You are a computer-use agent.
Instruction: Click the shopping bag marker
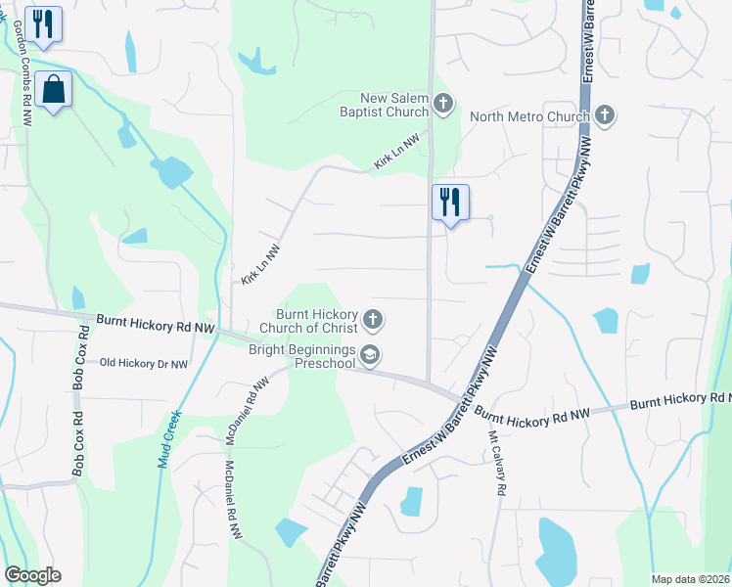53,90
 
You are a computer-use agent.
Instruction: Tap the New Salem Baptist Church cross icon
444,103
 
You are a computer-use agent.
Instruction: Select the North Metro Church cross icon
605,115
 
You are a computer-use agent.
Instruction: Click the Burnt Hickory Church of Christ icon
372,319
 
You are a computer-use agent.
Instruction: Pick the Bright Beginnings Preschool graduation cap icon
370,355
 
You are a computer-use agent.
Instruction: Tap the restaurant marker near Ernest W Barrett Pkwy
450,203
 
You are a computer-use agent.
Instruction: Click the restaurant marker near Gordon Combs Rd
43,24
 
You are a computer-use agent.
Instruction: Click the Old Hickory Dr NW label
144,363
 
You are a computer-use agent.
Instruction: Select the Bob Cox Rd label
79,362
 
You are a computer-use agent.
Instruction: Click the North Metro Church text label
529,116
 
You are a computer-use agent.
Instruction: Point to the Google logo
32,575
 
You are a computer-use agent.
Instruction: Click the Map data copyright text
689,579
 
